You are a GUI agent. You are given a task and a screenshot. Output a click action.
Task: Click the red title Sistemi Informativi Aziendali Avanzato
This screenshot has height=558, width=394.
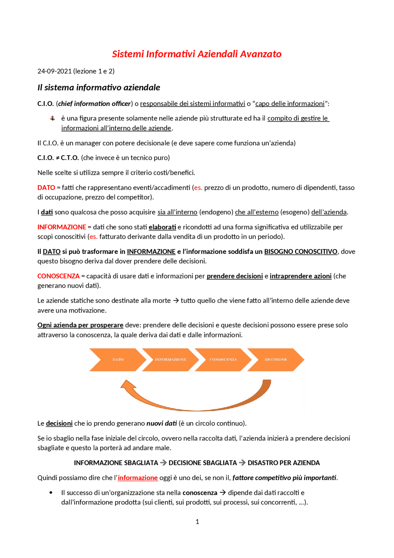pos(197,54)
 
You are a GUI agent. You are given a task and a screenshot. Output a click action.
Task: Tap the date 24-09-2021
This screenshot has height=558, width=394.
pos(54,71)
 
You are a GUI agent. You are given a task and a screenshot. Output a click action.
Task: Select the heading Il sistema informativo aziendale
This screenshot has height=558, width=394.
pos(98,88)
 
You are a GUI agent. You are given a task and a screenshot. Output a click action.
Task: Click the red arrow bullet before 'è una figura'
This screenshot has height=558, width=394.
pos(53,118)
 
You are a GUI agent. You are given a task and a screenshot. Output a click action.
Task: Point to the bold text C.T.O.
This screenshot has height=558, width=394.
pos(70,158)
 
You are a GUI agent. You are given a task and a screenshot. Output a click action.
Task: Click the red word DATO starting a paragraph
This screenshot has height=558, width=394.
pos(46,188)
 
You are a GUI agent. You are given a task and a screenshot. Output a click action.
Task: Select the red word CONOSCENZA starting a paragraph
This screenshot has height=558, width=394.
pos(58,276)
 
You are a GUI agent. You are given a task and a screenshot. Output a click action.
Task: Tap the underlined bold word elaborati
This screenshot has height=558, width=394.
pos(162,227)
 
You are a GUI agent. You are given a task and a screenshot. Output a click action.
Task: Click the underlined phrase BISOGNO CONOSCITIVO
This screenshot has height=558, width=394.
pos(300,252)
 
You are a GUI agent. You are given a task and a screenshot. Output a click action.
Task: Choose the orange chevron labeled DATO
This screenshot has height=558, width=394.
pos(118,360)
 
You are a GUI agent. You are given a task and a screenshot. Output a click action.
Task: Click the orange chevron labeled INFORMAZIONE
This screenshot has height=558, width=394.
pos(171,360)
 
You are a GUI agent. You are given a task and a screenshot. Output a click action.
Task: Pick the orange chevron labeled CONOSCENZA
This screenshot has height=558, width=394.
pos(223,360)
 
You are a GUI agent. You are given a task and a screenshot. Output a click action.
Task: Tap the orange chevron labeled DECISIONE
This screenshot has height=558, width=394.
pos(276,360)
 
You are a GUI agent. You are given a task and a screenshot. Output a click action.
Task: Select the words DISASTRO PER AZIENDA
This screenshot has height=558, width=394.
pos(283,463)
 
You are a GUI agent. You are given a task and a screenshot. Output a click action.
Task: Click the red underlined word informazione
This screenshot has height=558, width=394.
pos(138,478)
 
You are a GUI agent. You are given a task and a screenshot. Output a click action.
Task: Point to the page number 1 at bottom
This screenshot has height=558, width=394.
pos(197,522)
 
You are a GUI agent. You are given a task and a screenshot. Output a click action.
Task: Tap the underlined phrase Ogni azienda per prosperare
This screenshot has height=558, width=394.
pos(80,325)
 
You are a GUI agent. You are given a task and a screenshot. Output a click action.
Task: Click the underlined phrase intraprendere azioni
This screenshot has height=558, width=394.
pos(300,276)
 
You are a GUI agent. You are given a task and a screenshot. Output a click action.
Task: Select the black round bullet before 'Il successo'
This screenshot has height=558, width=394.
pos(51,493)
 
